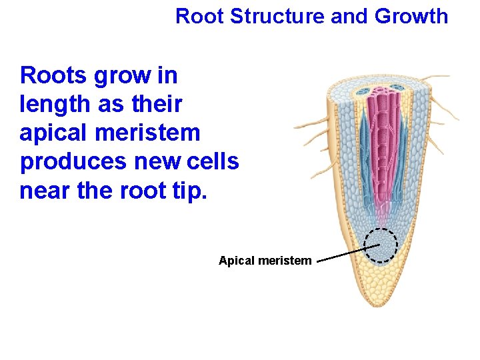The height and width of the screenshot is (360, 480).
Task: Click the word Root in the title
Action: coord(199,16)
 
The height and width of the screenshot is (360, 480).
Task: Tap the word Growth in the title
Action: coord(411,16)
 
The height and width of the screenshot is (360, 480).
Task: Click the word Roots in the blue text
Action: coord(54,75)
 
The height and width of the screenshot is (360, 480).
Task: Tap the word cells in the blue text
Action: coord(213,162)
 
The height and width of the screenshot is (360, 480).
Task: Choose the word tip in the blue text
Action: coord(193,191)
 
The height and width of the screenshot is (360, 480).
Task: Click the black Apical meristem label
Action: coord(265,261)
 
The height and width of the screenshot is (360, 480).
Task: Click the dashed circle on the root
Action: coord(382,245)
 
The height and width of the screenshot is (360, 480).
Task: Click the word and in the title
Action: coord(349,16)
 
